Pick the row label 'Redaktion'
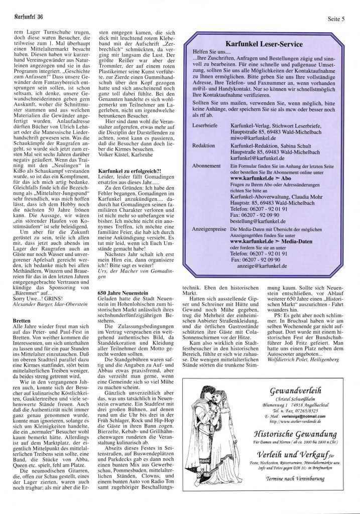click(x=203, y=146)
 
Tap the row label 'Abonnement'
click(x=206, y=165)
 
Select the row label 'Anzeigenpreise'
click(x=209, y=229)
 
